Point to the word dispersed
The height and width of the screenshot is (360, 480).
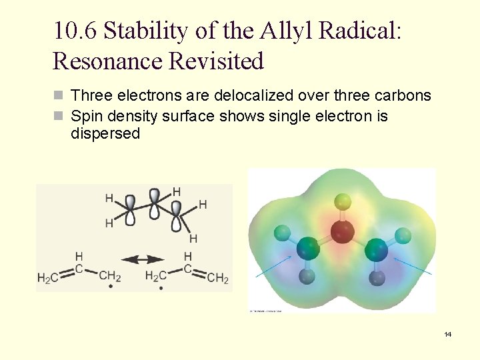105,133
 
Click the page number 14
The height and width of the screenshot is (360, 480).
448,334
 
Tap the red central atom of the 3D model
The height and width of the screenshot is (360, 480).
343,232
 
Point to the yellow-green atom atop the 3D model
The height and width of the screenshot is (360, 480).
343,200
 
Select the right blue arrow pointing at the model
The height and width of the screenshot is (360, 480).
418,268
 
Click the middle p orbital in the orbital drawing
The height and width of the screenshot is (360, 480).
155,203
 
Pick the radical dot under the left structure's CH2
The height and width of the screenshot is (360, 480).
111,288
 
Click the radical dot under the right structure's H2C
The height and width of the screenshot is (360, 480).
161,288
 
